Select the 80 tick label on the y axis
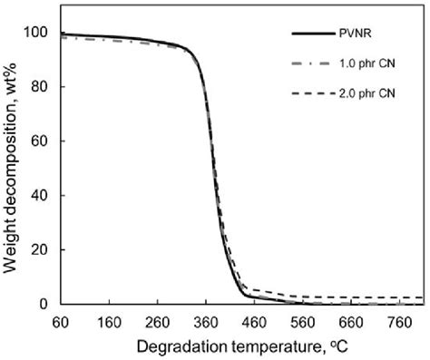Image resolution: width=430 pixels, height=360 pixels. tap(39, 87)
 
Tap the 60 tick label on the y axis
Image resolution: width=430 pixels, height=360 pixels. tap(39, 141)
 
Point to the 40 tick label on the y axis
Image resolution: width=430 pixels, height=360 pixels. tap(39, 196)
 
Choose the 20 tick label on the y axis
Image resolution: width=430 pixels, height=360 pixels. tap(39, 250)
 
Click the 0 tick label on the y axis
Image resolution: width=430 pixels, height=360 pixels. tap(43, 305)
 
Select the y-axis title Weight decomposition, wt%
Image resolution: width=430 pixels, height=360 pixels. tap(12, 168)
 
